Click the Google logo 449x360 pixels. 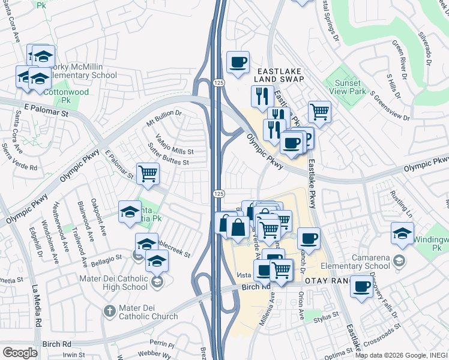[x=19, y=352]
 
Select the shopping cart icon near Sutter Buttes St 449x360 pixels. [x=148, y=174]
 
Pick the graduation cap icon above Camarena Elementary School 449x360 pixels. [x=403, y=233]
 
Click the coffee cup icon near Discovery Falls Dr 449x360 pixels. [x=361, y=287]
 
